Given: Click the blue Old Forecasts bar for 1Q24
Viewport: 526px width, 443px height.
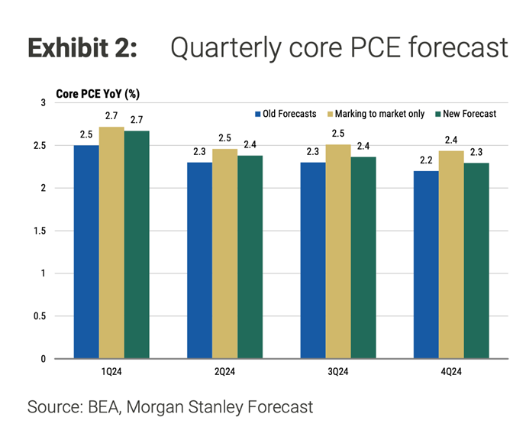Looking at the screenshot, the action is pos(86,252).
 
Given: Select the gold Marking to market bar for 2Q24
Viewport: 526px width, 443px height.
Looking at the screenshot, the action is pos(224,254).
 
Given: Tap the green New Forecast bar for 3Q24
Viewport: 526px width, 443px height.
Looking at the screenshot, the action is pos(363,257).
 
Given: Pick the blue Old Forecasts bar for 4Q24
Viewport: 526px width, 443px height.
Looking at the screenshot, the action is pos(426,265).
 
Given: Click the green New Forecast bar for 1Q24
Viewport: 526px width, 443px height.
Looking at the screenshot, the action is pos(137,244).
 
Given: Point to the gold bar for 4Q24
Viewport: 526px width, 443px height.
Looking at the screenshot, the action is pos(451,255).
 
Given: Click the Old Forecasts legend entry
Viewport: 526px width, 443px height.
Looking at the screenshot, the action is pos(286,114).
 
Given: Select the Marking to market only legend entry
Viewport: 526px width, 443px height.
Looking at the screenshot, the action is pos(376,114).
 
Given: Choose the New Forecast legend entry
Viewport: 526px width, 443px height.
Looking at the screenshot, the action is pos(466,114).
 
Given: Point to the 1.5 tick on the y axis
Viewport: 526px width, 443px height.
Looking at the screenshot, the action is pos(40,231).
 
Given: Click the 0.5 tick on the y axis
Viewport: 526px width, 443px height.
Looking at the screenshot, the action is pos(40,316).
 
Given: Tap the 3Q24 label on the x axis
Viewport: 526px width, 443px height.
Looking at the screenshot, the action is pos(338,372).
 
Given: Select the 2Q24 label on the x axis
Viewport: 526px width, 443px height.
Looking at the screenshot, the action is pos(224,372).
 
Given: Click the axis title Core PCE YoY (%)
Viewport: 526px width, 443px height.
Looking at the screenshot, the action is pos(98,94).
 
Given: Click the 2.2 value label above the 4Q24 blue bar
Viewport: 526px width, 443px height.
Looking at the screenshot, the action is pos(426,160).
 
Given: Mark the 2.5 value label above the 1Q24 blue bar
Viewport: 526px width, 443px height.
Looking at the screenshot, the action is pos(86,134).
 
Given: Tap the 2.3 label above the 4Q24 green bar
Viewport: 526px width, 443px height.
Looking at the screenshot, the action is pos(476,152).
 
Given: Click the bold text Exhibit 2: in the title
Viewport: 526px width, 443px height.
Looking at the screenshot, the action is pos(82,47).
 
